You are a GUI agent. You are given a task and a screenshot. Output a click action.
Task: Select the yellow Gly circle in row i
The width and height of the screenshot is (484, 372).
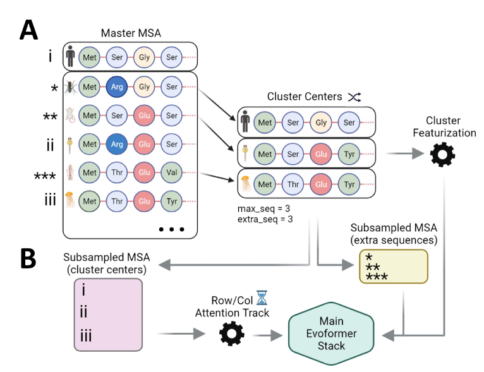click(144, 58)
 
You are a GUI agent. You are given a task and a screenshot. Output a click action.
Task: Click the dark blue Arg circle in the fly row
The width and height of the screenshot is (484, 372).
click(116, 87)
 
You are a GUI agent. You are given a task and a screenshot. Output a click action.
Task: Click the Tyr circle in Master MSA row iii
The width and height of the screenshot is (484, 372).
click(172, 200)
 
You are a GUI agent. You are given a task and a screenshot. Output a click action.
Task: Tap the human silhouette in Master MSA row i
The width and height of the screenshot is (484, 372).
click(71, 58)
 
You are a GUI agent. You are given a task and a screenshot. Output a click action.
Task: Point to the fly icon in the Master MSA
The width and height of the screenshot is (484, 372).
click(71, 87)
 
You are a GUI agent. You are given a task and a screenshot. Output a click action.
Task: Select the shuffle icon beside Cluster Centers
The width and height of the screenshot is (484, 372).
click(354, 97)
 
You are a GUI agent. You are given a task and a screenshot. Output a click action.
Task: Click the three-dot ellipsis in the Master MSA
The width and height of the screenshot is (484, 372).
click(171, 229)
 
